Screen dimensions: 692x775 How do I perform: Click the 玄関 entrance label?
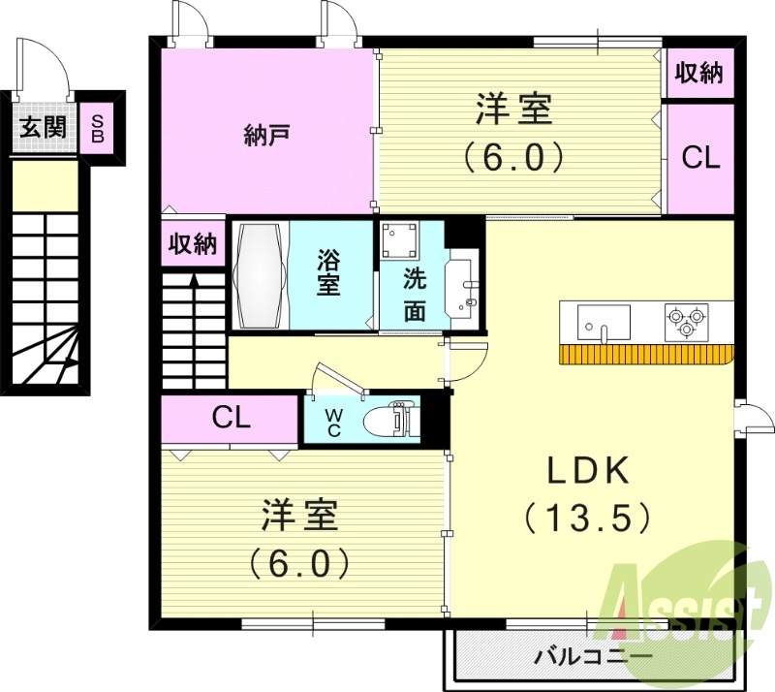click(42, 125)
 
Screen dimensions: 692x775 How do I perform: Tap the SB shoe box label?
click(97, 127)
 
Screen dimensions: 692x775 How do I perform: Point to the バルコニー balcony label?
click(594, 657)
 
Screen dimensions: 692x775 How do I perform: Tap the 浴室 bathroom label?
click(329, 273)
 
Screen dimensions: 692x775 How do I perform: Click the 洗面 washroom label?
click(415, 295)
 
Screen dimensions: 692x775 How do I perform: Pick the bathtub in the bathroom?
click(261, 274)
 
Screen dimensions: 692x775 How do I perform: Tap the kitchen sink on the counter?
click(604, 321)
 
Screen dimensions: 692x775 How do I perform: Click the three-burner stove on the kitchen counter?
click(686, 321)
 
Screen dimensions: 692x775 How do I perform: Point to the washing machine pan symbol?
click(399, 239)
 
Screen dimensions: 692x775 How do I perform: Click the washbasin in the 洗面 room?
click(462, 287)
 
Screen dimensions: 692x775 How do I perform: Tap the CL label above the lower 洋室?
click(232, 420)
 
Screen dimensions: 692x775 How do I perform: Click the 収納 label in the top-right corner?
click(699, 73)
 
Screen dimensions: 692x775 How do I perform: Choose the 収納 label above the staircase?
click(193, 243)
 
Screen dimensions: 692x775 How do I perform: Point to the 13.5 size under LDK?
click(588, 519)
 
